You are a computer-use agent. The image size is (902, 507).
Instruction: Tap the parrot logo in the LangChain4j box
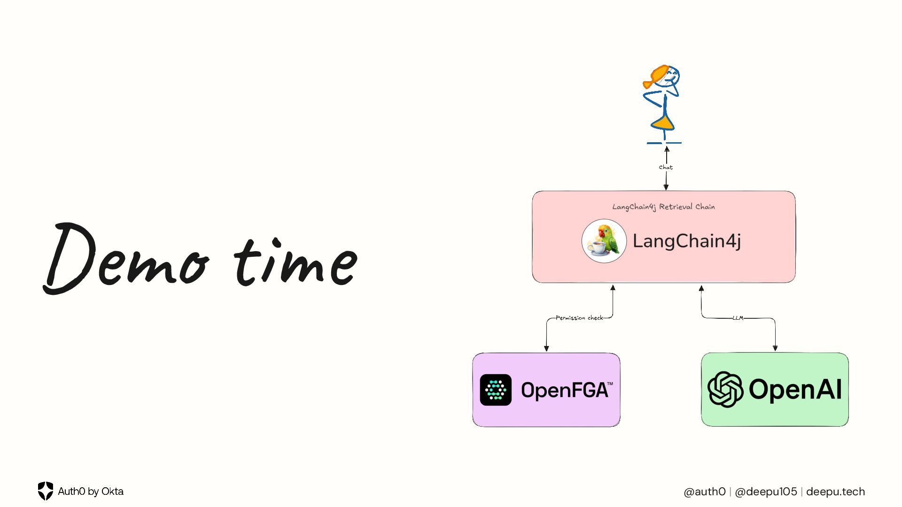coord(604,241)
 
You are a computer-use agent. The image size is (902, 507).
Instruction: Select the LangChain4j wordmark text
coord(687,241)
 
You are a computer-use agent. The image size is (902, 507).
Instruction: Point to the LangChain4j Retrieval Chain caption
coord(663,207)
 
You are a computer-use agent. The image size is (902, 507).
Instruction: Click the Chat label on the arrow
coord(666,167)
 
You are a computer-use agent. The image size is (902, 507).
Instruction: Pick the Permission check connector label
coord(579,318)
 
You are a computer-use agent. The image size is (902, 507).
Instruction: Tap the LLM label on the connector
coord(738,318)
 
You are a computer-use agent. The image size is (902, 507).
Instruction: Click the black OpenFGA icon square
coord(496,390)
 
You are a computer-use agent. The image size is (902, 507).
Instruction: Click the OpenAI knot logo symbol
coord(725,389)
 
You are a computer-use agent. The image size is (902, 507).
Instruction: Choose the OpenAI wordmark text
coord(795,390)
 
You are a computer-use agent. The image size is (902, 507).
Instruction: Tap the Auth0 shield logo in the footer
coord(46,491)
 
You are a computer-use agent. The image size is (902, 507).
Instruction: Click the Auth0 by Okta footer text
coord(91,492)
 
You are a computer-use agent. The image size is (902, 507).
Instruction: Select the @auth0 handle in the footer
coord(705,492)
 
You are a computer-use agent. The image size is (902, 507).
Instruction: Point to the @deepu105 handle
coord(766,492)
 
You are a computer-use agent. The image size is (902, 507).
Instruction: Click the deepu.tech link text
coord(835,492)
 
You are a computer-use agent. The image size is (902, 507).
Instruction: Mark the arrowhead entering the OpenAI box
coord(775,348)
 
